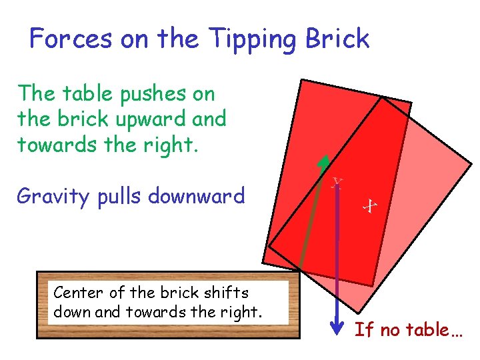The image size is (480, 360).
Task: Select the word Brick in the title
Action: pyautogui.click(x=337, y=39)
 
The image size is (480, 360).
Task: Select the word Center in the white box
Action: pyautogui.click(x=75, y=293)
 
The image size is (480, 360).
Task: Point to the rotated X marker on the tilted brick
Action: pyautogui.click(x=369, y=207)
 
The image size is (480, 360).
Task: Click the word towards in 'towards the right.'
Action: pyautogui.click(x=50, y=145)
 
